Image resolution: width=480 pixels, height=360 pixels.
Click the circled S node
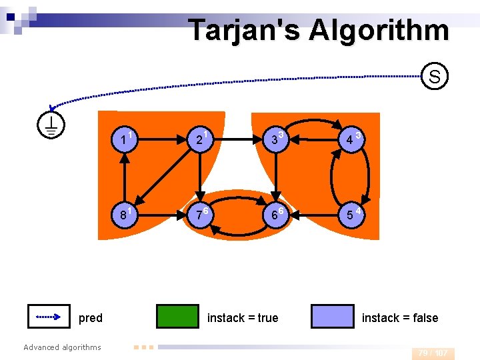[x=434, y=76]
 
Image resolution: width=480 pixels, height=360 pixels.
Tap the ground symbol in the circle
[x=51, y=123]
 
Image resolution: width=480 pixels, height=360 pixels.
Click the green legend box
[x=177, y=317]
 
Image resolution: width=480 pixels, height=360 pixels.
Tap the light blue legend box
[x=333, y=317]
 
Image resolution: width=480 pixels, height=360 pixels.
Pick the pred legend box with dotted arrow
[x=49, y=317]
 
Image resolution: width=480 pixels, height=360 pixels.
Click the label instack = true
[x=243, y=318]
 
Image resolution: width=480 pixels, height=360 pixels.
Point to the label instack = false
[x=400, y=318]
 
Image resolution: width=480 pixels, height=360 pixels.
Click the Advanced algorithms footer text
[x=62, y=347]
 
